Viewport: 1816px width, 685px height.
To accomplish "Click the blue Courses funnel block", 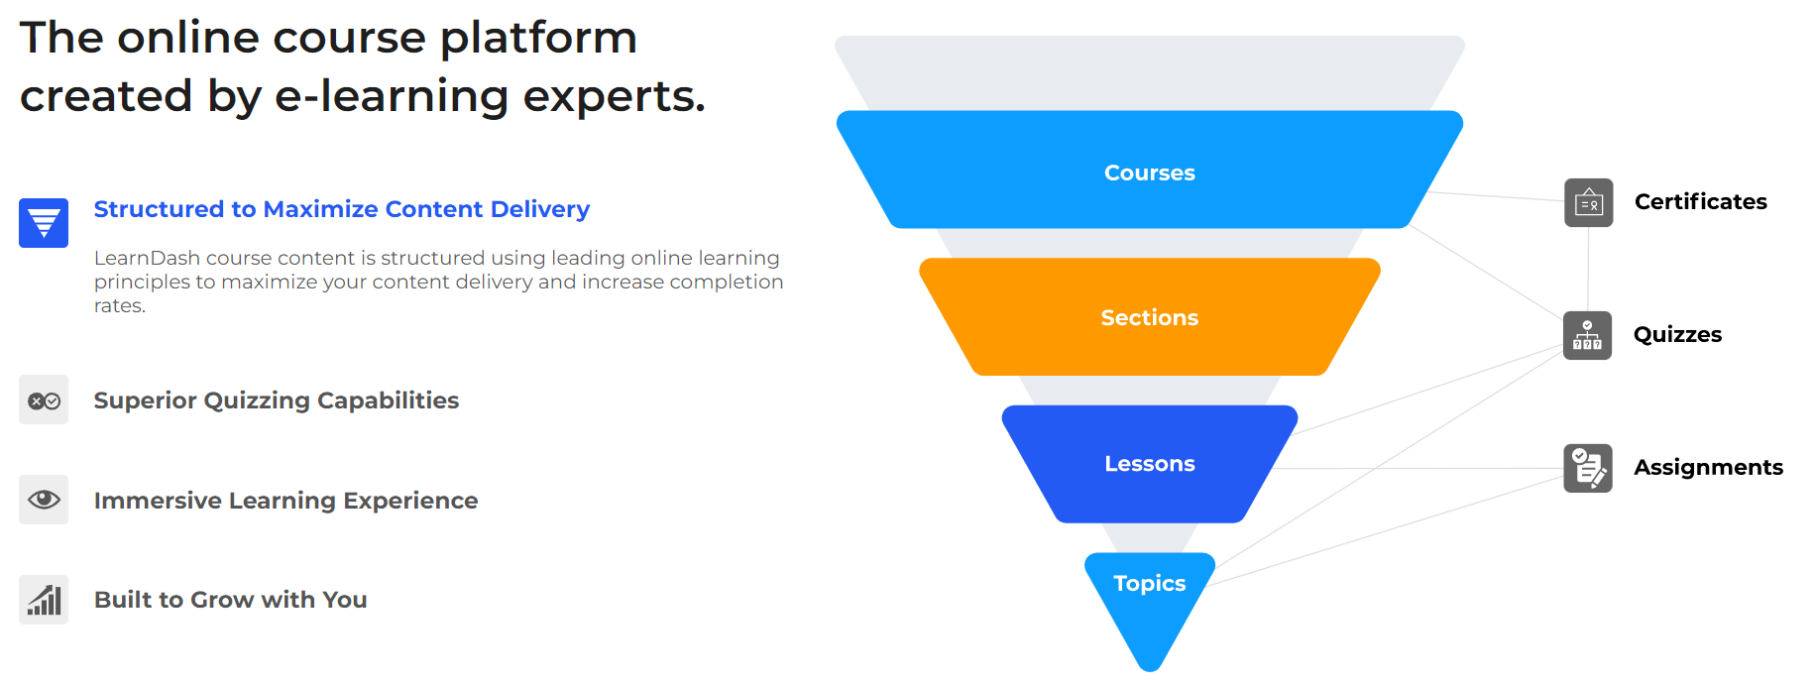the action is (1150, 170).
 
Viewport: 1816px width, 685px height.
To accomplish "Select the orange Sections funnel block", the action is (1150, 317).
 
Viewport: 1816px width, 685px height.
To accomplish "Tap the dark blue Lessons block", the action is (1150, 464).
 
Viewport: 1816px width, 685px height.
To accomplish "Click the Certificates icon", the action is (1589, 203).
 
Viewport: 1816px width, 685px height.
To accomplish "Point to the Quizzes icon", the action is (1588, 335).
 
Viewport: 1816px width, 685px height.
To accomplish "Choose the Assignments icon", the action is (1588, 468).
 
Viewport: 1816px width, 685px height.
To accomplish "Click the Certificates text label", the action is (1701, 202).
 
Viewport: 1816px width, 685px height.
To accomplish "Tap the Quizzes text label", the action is (1677, 335).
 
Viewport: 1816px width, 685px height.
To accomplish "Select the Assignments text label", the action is (1708, 467).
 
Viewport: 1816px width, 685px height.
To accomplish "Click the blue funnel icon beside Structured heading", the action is (44, 223).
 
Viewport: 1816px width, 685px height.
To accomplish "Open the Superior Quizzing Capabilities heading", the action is (277, 400).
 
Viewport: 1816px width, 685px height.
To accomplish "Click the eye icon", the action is (44, 500).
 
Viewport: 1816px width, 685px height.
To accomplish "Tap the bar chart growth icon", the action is (44, 600).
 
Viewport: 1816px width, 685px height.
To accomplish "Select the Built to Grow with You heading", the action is (231, 600).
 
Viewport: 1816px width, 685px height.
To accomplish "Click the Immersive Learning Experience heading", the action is (285, 501).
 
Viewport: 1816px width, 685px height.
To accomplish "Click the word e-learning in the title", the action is (392, 96).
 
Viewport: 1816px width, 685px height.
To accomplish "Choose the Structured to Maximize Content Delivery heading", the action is (342, 209).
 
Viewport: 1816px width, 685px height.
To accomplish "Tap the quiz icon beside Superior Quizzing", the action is (44, 400).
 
